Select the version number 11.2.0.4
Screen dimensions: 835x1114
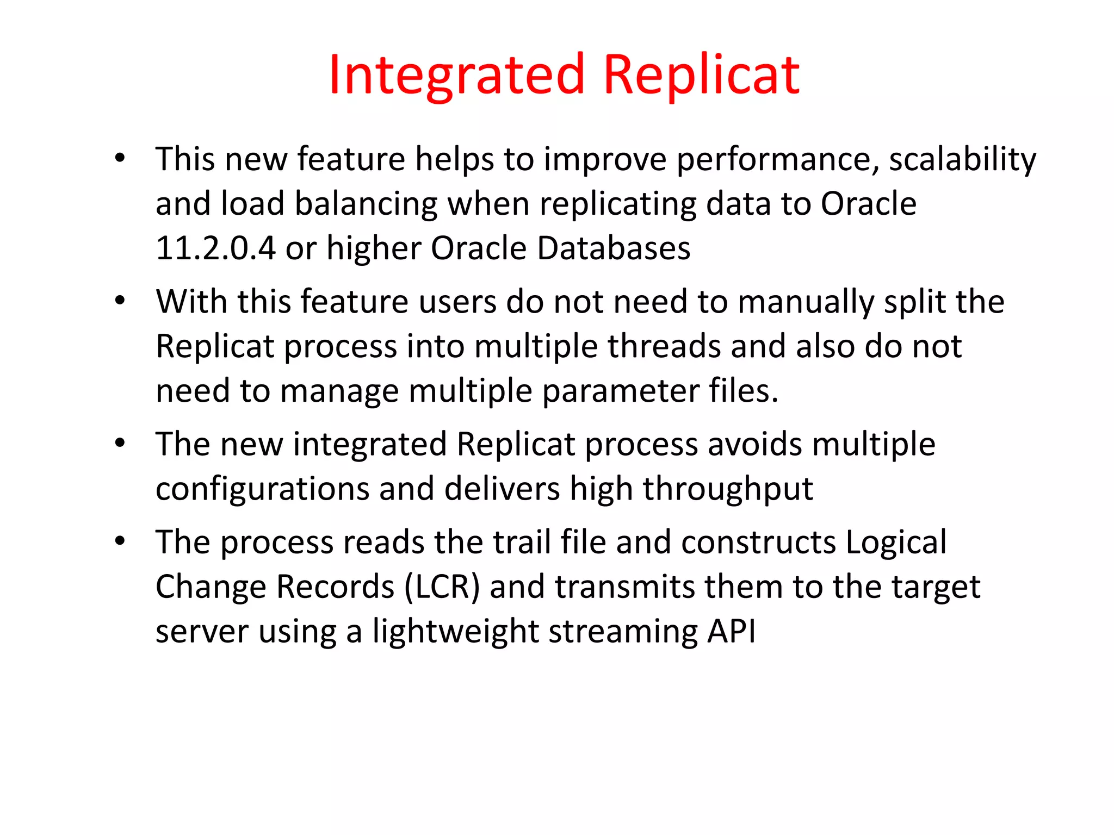click(x=215, y=248)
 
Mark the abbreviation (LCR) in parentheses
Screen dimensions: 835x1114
click(x=442, y=588)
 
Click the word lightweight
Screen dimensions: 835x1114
click(x=455, y=632)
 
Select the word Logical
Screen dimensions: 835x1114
click(x=896, y=543)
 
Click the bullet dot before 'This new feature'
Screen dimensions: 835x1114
click(x=120, y=159)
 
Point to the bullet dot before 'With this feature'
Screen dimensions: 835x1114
click(x=120, y=301)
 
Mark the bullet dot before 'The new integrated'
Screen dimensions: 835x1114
click(x=120, y=444)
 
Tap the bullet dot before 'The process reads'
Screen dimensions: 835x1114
click(x=120, y=542)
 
